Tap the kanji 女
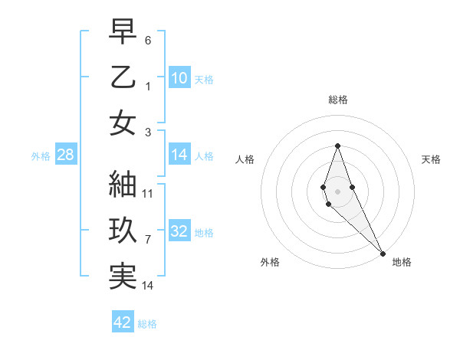[123, 123]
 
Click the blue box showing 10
[179, 77]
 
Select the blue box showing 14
[179, 155]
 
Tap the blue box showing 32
[179, 231]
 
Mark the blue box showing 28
[66, 155]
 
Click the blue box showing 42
[123, 322]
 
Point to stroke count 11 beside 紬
[148, 194]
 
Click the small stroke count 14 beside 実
[148, 286]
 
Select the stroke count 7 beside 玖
[148, 240]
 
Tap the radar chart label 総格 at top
[337, 100]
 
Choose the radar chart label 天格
[431, 159]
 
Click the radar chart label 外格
[270, 262]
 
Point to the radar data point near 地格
[383, 252]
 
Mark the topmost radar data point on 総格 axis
[337, 146]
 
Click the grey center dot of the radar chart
[337, 190]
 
